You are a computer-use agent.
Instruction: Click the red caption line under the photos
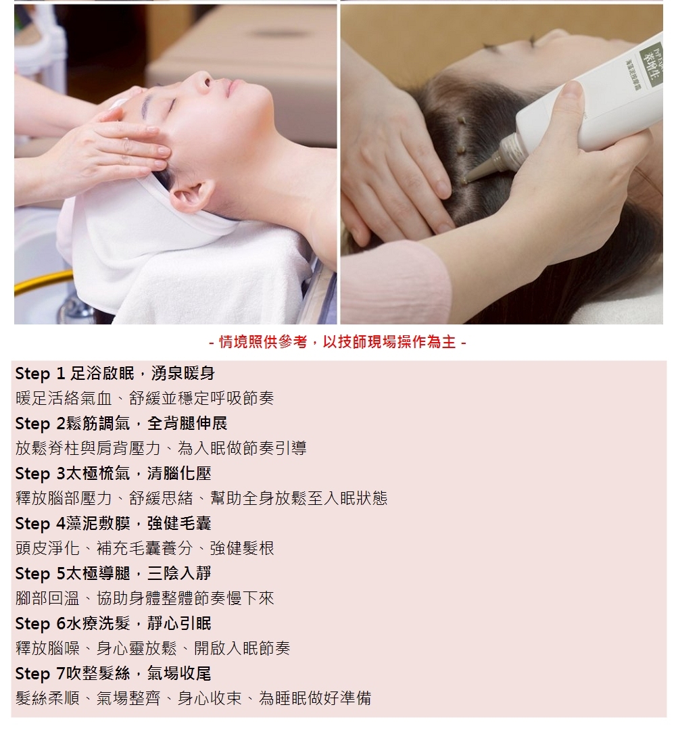pyautogui.click(x=337, y=342)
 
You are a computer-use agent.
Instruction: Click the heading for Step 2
pyautogui.click(x=121, y=424)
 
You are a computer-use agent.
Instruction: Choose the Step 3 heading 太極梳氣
pyautogui.click(x=113, y=473)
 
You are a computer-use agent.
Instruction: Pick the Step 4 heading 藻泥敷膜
pyautogui.click(x=113, y=524)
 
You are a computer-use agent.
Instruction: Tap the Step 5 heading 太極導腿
pyautogui.click(x=113, y=574)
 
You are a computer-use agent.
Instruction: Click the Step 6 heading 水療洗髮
pyautogui.click(x=113, y=624)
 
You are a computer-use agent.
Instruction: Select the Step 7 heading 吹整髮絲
pyautogui.click(x=113, y=674)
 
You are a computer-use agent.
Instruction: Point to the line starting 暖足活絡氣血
pyautogui.click(x=145, y=399)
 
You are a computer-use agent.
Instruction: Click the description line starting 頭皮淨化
pyautogui.click(x=145, y=548)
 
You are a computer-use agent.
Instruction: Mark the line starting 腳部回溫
pyautogui.click(x=145, y=599)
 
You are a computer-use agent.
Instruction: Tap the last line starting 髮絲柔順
pyautogui.click(x=193, y=698)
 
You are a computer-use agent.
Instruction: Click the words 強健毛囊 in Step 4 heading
pyautogui.click(x=179, y=524)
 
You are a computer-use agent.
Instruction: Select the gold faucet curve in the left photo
pyautogui.click(x=42, y=281)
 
